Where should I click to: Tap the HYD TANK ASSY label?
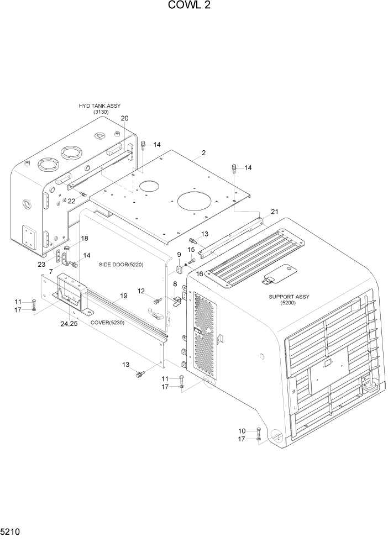[x=99, y=106]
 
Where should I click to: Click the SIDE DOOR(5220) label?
[x=121, y=265]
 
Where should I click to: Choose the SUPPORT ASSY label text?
[x=289, y=297]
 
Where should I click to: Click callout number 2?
[x=203, y=152]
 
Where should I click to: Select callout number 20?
[x=124, y=118]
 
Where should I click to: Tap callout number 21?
[x=275, y=212]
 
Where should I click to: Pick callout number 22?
[x=71, y=201]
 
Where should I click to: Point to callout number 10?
[x=241, y=430]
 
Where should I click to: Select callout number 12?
[x=141, y=291]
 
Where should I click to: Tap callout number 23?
[x=41, y=264]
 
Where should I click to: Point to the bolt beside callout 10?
[x=259, y=431]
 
